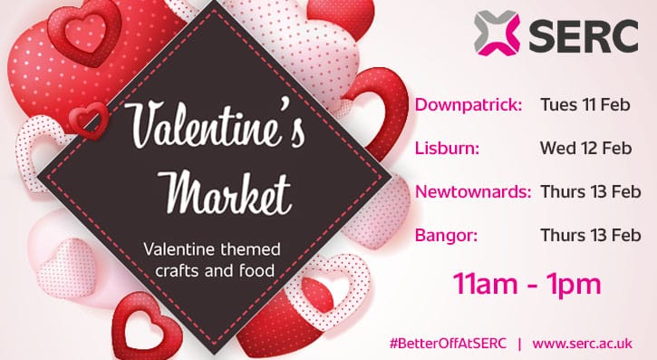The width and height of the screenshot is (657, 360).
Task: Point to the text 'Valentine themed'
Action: click(x=213, y=248)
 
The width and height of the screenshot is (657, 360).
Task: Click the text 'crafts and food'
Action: click(x=214, y=269)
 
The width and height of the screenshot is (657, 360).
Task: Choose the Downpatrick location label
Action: click(x=469, y=105)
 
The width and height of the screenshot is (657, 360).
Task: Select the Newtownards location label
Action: click(x=473, y=192)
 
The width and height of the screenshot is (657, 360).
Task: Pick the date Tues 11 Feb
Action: click(x=585, y=105)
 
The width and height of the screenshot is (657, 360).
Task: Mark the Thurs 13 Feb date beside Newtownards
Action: click(x=590, y=192)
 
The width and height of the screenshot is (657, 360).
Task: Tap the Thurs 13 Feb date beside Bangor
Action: click(x=590, y=236)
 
